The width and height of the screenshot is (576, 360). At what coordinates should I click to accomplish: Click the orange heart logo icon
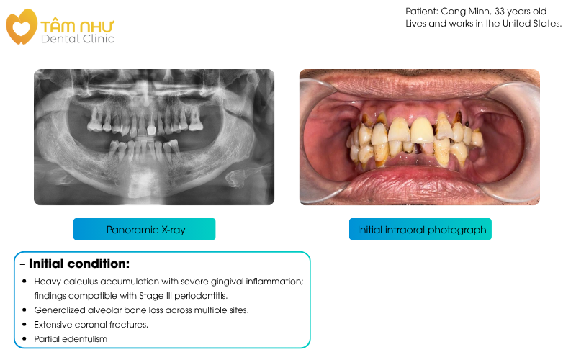(x=21, y=26)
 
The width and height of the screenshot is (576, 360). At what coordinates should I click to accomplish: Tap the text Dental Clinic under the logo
(x=77, y=39)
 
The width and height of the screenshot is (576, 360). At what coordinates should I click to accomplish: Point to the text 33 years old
(x=524, y=12)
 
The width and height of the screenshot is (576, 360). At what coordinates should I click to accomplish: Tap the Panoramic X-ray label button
(x=145, y=230)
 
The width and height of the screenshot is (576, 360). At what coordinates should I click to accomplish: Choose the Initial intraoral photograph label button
(x=421, y=230)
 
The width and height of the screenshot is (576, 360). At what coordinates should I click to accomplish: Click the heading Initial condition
(x=79, y=264)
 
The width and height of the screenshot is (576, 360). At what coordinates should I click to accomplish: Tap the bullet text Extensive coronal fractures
(x=91, y=324)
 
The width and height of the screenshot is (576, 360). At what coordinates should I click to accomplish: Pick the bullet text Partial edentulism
(x=71, y=338)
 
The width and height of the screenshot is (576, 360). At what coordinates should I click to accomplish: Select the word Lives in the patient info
(x=418, y=24)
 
